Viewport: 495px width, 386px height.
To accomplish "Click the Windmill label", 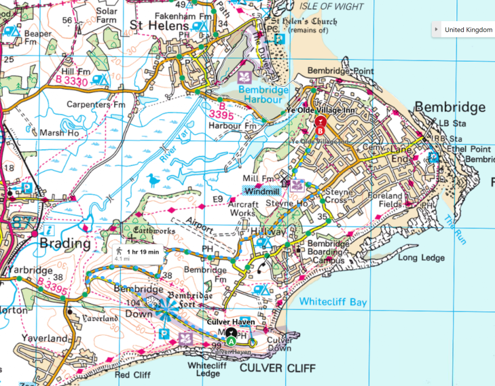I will coord(261,191).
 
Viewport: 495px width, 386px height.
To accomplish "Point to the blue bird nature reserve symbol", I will coord(153,180).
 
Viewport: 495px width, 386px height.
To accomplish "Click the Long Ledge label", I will coord(421,257).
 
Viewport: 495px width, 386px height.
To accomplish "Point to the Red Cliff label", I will coord(132,374).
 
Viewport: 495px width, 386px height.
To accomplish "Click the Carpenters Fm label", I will coord(96,104).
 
